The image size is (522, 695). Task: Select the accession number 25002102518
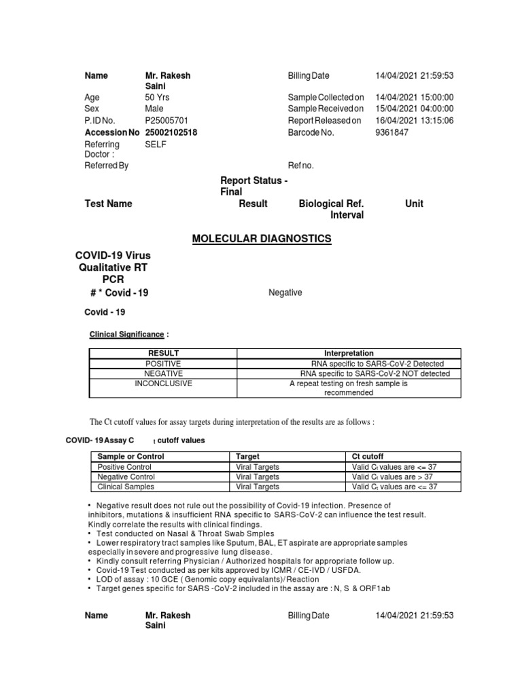coord(171,132)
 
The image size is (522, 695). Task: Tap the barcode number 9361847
coord(391,132)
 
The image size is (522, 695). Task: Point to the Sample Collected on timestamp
coord(414,98)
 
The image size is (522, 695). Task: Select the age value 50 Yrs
coord(158,98)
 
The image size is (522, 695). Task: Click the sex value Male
coord(154,109)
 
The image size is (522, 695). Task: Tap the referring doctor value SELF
coord(156,144)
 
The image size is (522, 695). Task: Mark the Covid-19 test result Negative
coord(285,293)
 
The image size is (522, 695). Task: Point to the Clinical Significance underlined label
coord(127,335)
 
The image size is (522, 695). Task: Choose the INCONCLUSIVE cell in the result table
coord(163,383)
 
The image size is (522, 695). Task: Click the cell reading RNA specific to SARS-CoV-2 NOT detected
coord(375,374)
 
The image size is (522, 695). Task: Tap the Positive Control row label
coord(124,467)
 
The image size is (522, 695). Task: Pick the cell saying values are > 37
coord(391,477)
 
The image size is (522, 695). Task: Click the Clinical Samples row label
coord(126,487)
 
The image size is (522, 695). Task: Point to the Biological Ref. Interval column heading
coord(332,209)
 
